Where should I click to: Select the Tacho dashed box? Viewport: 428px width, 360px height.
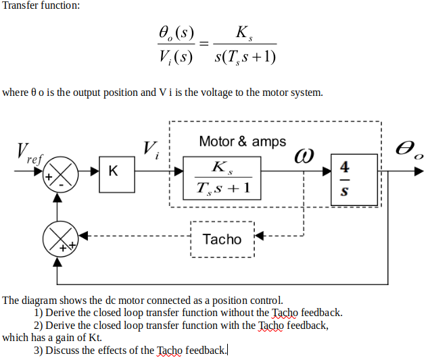(x=222, y=239)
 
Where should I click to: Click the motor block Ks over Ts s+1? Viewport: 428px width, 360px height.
(x=222, y=178)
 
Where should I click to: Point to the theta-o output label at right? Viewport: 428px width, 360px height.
(x=410, y=150)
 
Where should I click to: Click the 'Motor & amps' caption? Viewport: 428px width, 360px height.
(x=242, y=142)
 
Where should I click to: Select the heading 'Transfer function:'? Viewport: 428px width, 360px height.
(x=41, y=5)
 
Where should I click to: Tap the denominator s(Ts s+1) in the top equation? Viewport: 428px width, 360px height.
(x=244, y=57)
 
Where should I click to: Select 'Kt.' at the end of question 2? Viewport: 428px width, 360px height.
(x=95, y=337)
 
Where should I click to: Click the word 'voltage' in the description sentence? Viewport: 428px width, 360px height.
(x=215, y=92)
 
